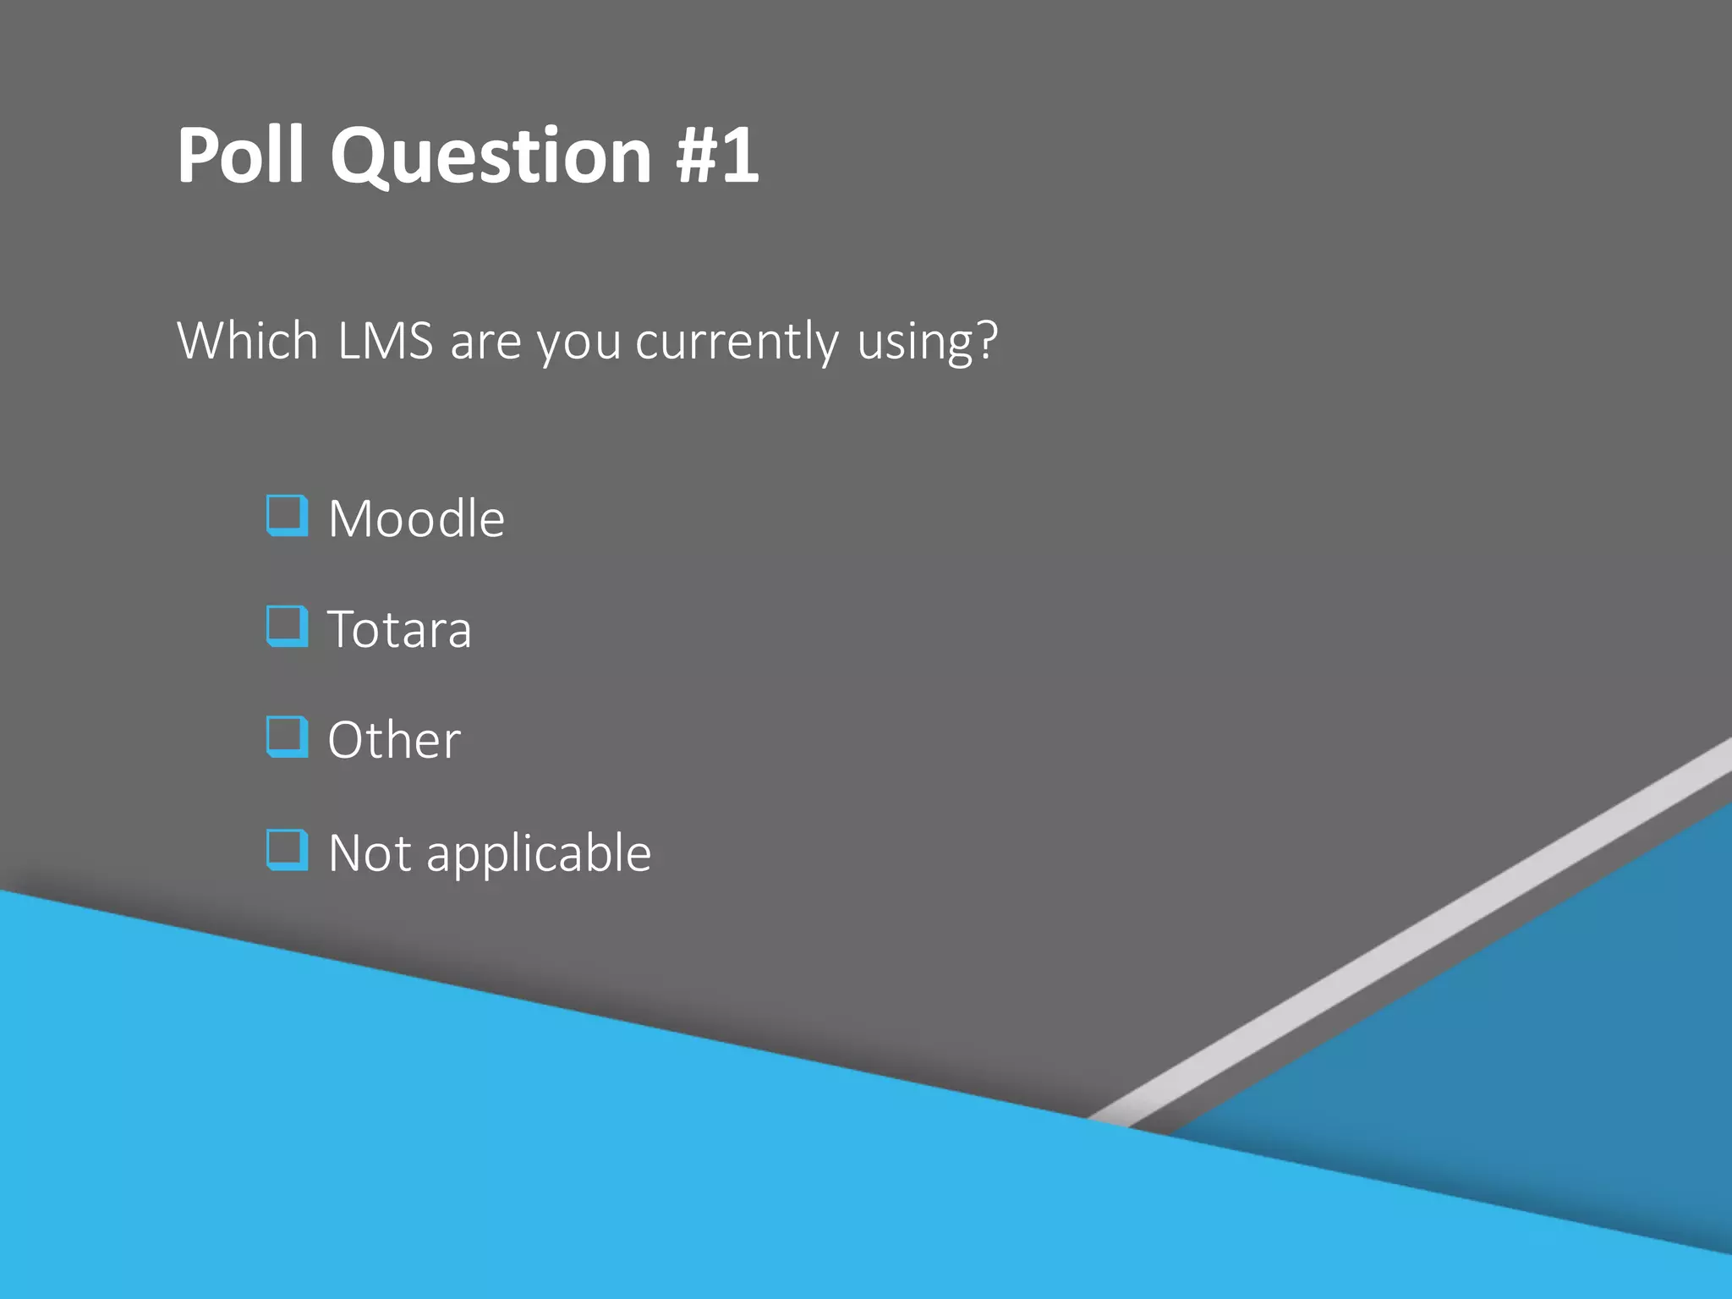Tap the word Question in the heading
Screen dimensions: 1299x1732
(x=491, y=156)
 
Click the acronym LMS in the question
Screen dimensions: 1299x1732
(x=386, y=341)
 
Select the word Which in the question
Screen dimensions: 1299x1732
(x=248, y=341)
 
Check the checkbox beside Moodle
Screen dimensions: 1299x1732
(x=287, y=516)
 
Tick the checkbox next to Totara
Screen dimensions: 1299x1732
(x=287, y=627)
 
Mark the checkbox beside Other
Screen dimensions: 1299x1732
(x=287, y=737)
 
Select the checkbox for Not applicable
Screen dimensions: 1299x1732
(x=287, y=850)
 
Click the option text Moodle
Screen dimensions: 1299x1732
(x=416, y=518)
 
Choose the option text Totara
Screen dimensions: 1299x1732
(x=399, y=630)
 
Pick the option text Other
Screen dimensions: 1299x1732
(x=394, y=741)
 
